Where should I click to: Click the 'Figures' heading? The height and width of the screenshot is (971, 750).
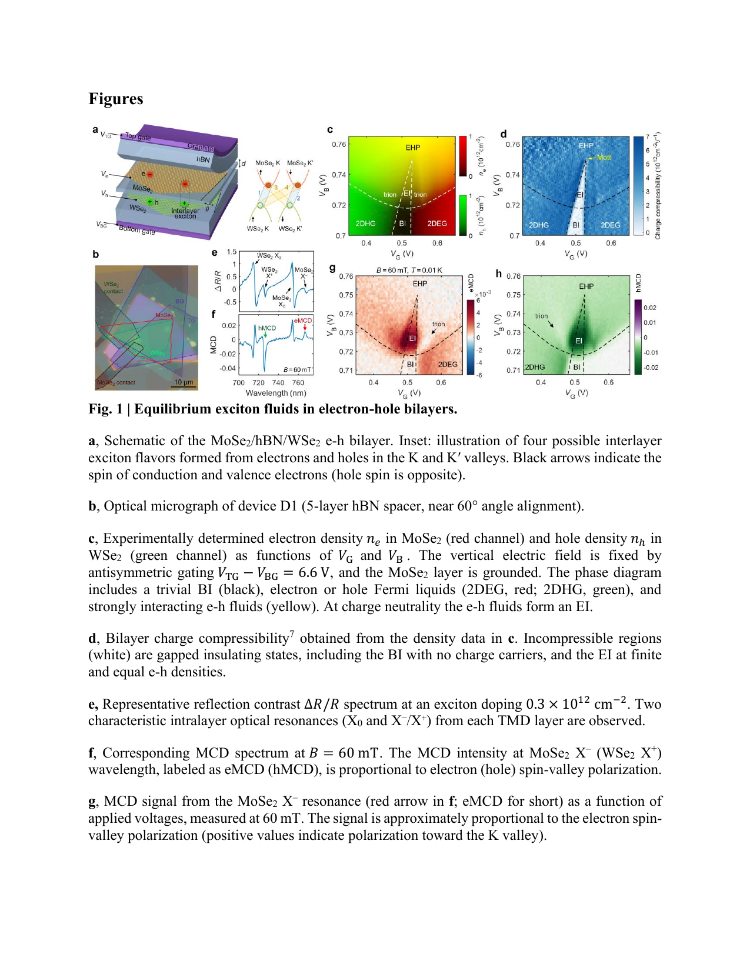point(116,99)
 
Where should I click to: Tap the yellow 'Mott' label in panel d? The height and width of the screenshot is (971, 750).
point(604,158)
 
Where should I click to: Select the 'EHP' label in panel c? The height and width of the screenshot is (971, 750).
point(412,148)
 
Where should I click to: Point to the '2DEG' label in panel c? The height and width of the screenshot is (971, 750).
point(437,223)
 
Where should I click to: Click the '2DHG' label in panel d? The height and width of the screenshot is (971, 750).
point(538,225)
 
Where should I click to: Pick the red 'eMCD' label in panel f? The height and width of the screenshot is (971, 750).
point(303,321)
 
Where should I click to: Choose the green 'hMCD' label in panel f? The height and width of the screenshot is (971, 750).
point(267,328)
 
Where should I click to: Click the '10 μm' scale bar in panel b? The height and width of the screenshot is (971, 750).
point(184,383)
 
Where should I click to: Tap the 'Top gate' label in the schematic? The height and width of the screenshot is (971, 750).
point(138,136)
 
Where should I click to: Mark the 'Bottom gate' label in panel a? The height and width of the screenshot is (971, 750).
point(137,230)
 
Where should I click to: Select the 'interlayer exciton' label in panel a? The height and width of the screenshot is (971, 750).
point(185,213)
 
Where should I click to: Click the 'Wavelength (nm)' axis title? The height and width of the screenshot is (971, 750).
point(275,393)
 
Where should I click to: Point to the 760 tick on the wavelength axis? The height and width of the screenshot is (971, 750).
point(298,383)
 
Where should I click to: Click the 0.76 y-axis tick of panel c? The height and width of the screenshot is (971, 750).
point(339,144)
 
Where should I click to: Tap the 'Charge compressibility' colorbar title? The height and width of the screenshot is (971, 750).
point(658,185)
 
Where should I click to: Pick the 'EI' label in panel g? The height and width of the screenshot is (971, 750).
point(412,339)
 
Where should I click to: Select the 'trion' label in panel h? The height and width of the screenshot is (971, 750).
point(541,316)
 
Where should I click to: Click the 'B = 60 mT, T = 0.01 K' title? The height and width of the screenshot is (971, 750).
point(409,270)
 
